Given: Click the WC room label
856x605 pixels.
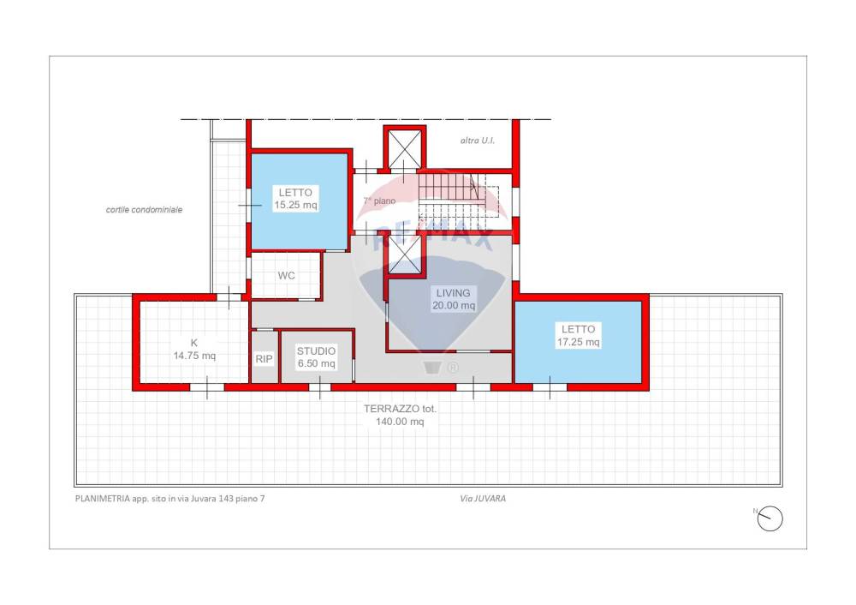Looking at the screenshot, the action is point(286,275).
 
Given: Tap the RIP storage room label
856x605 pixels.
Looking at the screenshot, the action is point(264,359).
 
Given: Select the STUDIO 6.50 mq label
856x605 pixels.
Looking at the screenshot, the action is point(316,356).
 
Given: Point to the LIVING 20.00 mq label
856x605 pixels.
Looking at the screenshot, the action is point(453,299).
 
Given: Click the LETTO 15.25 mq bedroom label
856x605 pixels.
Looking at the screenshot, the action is point(295,199).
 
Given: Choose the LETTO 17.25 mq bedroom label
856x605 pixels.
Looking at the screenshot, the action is point(578,336).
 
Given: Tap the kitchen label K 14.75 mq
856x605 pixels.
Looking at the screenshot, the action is point(194,350).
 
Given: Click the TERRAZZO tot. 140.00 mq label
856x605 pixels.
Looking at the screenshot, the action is point(400,415).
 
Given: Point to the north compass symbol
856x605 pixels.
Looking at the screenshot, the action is point(770,518).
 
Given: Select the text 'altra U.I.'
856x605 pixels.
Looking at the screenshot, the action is point(477,141).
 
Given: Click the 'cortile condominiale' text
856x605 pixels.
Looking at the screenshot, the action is point(144,209).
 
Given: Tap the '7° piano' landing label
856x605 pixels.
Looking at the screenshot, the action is point(379,201).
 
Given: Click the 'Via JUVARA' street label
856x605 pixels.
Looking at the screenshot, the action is point(483,499).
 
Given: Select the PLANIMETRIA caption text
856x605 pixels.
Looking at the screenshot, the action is point(169,499).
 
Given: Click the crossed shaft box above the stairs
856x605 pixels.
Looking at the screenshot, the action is point(405,148).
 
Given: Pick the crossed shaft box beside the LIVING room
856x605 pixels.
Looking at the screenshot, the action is point(405,255).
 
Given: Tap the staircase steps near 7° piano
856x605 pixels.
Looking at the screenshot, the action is point(452,195).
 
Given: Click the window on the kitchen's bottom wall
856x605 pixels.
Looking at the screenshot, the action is point(207,387).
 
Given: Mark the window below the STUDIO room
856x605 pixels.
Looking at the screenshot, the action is point(320,387).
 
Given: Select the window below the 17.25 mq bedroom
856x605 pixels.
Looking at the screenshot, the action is point(550,387).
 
